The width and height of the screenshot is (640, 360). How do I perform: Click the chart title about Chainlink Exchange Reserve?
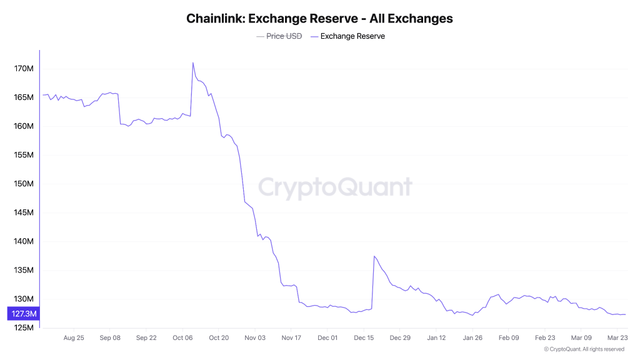pos(319,18)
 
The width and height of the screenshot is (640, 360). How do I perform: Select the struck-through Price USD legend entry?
pos(279,36)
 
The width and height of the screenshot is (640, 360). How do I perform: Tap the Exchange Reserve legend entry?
pos(352,36)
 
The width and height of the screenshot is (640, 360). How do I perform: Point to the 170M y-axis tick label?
pos(24,68)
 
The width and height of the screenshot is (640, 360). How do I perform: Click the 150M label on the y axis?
pos(24,184)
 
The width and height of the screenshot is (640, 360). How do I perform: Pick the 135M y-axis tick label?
pos(24,271)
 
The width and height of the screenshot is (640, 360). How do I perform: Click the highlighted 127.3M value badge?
pos(23,314)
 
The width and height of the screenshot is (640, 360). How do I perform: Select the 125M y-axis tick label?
pos(24,328)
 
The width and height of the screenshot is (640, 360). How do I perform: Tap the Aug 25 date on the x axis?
pos(74,337)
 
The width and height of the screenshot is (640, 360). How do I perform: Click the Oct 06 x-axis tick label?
pos(182,337)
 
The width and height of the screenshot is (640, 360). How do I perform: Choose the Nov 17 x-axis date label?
pos(291,337)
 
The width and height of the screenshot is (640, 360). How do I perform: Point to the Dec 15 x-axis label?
pos(364,337)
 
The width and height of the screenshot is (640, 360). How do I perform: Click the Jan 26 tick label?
pos(472,337)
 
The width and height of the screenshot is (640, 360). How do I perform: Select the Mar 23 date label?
pos(617,337)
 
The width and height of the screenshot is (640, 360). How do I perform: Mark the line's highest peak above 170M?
pos(192,62)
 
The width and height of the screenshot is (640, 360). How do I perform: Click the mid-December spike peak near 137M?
pos(374,256)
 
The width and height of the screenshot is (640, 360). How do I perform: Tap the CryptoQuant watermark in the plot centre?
pos(335,187)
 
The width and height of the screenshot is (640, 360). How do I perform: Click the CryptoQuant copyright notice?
pos(584,349)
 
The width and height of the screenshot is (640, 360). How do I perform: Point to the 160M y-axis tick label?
pos(24,126)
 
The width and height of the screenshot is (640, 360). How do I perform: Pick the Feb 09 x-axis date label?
pos(509,337)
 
